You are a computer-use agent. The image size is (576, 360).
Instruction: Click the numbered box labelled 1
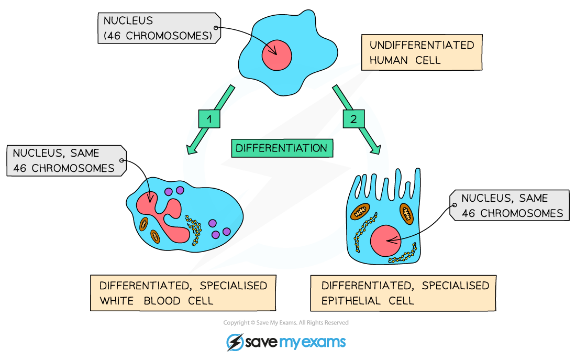pyautogui.click(x=209, y=119)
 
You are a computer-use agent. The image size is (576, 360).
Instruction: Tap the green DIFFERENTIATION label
pyautogui.click(x=281, y=148)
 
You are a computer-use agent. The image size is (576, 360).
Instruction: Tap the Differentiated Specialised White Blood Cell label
pyautogui.click(x=183, y=293)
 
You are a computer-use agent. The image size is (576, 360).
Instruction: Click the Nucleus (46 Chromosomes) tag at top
pyautogui.click(x=158, y=28)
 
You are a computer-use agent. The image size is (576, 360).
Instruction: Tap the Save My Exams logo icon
pyautogui.click(x=235, y=342)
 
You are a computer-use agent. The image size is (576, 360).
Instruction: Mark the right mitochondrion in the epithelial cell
pyautogui.click(x=407, y=212)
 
